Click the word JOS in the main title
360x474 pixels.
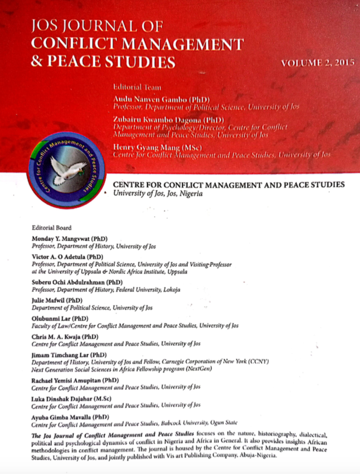(48, 27)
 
